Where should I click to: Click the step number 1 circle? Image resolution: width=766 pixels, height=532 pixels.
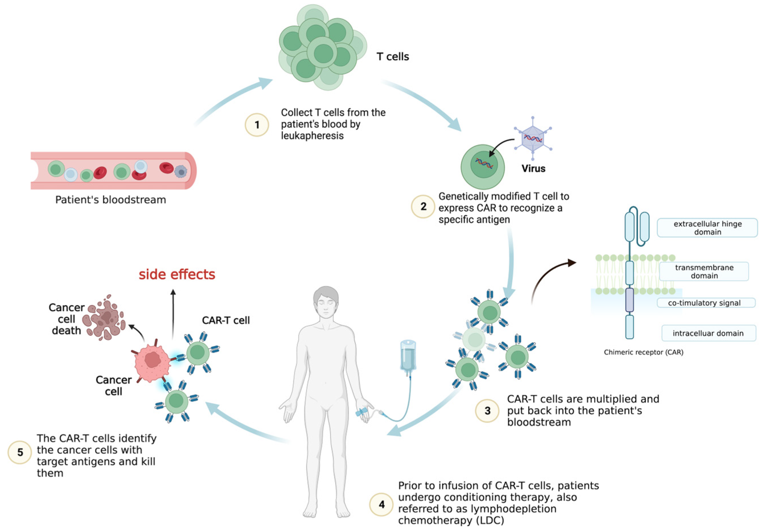click(257, 125)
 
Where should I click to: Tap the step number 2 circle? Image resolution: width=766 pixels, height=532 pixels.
click(423, 207)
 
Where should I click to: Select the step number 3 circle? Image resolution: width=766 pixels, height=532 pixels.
click(487, 411)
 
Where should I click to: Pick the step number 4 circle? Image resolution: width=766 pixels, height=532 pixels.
click(381, 504)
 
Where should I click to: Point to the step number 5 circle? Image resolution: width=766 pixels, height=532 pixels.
click(20, 452)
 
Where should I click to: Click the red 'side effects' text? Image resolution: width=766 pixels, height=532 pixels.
click(177, 274)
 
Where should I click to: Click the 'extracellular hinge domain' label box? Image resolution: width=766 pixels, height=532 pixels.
click(707, 228)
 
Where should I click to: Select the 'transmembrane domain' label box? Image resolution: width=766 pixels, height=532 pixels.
click(704, 271)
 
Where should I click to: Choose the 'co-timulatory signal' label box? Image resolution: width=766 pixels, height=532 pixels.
click(706, 303)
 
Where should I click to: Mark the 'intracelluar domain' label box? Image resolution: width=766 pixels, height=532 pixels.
click(708, 333)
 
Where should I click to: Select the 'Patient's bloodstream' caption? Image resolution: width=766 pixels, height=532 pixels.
click(110, 200)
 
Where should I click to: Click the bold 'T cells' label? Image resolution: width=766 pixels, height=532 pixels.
click(393, 57)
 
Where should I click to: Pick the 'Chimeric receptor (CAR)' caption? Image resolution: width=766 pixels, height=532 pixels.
click(643, 352)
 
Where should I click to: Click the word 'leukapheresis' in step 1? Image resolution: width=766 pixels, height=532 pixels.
click(312, 136)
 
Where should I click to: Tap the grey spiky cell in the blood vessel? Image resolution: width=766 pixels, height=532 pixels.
click(181, 172)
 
